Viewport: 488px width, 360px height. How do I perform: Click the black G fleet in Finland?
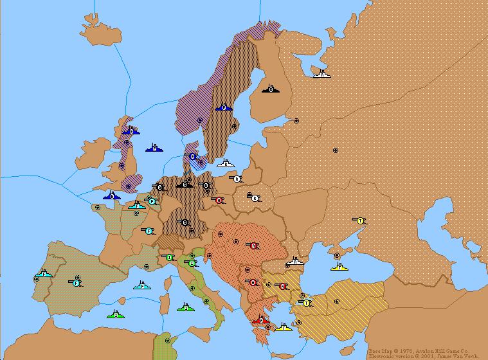click(271, 89)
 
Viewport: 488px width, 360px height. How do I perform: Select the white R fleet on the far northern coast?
click(322, 74)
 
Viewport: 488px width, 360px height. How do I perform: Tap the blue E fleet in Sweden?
click(223, 107)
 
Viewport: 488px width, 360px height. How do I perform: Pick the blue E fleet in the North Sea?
click(154, 148)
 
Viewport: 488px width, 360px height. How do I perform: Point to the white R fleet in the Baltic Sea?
click(226, 163)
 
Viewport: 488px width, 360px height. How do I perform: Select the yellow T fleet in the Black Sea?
click(339, 266)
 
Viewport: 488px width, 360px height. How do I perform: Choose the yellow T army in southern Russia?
click(360, 221)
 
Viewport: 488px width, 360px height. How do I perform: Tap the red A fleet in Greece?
click(260, 319)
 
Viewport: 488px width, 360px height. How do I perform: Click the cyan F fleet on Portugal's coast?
click(44, 274)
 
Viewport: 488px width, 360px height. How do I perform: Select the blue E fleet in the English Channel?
click(112, 195)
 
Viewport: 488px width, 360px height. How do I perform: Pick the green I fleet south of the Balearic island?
click(116, 314)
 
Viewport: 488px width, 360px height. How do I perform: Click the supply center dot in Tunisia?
click(167, 341)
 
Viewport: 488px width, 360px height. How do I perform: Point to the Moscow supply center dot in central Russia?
click(335, 150)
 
